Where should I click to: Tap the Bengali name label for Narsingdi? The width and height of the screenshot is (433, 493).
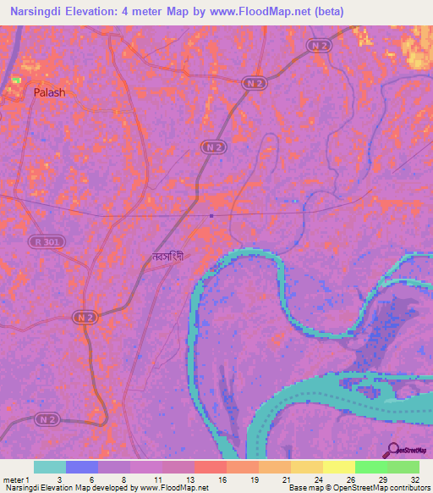point(167,255)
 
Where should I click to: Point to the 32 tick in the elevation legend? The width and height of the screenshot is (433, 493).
point(414,479)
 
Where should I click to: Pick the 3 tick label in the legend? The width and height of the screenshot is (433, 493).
point(59,479)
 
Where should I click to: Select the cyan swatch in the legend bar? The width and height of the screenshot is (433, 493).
point(50,467)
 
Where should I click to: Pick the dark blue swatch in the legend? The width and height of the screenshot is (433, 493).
point(82,467)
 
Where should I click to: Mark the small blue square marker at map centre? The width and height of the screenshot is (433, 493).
point(211,215)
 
